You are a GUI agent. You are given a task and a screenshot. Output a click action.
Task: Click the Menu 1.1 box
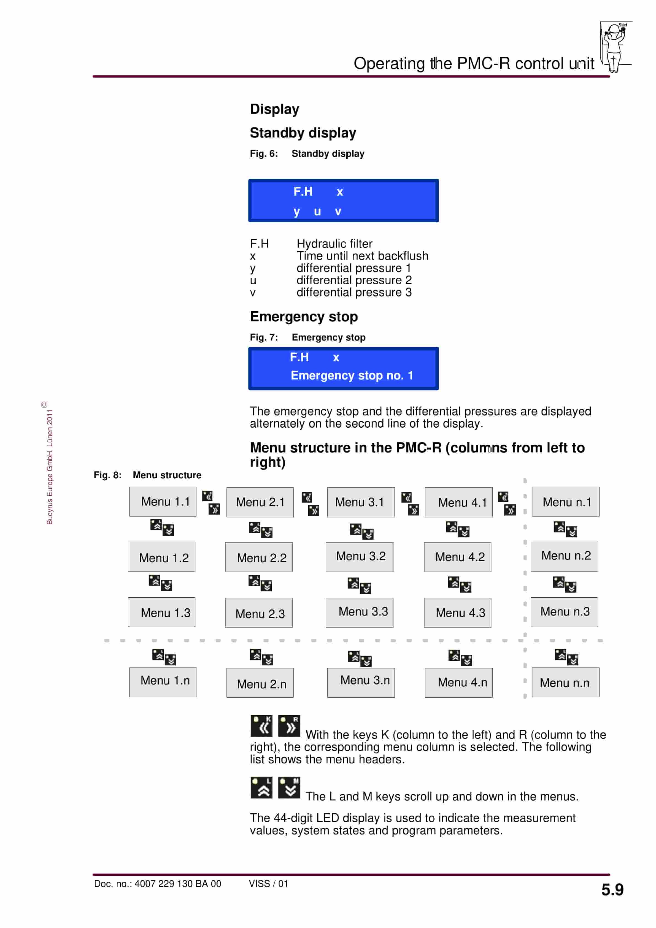tap(163, 501)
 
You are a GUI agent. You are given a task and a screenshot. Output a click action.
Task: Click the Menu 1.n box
tap(163, 682)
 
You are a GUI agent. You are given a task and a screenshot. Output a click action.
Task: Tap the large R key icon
tap(289, 726)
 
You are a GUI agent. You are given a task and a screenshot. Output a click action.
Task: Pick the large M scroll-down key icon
tap(289, 788)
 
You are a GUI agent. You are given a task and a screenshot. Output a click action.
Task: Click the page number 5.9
tap(612, 890)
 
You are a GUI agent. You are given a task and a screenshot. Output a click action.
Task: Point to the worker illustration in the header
tap(615, 47)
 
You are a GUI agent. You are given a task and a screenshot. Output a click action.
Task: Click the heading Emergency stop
tap(304, 317)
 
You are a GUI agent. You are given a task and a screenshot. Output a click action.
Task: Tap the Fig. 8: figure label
tap(107, 475)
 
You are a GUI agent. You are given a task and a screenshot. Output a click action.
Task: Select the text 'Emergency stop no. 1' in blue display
tap(352, 376)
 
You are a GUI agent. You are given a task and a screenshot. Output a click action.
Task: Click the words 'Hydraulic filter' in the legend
tap(335, 244)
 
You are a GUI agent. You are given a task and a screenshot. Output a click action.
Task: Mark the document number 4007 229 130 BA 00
tap(178, 884)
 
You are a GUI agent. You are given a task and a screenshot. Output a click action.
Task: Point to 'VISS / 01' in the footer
tap(268, 884)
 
